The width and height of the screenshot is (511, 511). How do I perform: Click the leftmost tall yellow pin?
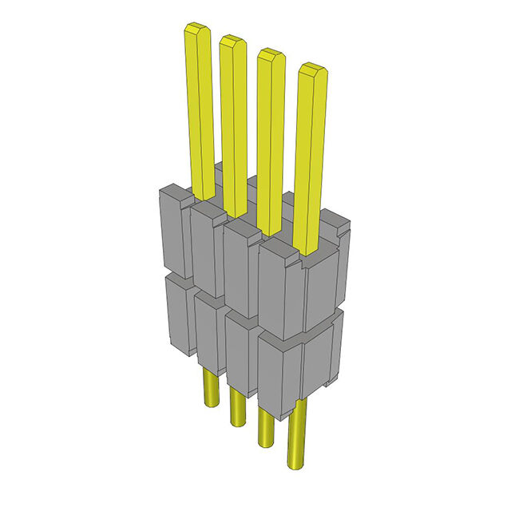[x=200, y=112]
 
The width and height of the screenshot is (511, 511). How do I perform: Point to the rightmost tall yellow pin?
[x=311, y=160]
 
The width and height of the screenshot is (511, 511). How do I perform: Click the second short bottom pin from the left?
[x=237, y=407]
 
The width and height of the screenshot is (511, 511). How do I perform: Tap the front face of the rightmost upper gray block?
[x=281, y=291]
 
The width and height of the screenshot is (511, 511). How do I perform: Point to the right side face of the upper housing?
[x=324, y=279]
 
